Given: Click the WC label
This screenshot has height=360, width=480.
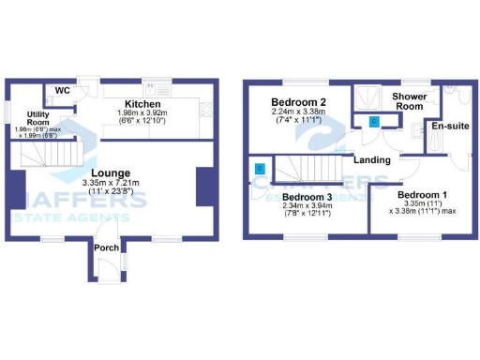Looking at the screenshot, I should pyautogui.click(x=63, y=90).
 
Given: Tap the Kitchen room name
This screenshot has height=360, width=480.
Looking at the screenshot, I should pyautogui.click(x=145, y=103).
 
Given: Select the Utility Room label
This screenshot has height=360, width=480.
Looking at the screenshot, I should pyautogui.click(x=38, y=117).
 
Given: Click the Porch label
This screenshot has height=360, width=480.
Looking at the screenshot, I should pyautogui.click(x=106, y=247).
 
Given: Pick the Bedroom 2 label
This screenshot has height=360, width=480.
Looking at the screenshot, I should pyautogui.click(x=298, y=102).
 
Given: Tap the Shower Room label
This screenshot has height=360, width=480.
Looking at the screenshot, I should pyautogui.click(x=409, y=101).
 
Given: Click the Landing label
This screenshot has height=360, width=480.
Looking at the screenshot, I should pyautogui.click(x=372, y=159).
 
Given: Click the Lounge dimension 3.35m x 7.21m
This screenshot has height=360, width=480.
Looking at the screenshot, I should pyautogui.click(x=111, y=183).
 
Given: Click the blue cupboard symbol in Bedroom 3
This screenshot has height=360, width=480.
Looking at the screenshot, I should pyautogui.click(x=261, y=169).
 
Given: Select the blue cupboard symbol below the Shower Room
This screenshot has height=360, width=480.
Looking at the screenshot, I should pyautogui.click(x=374, y=121).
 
